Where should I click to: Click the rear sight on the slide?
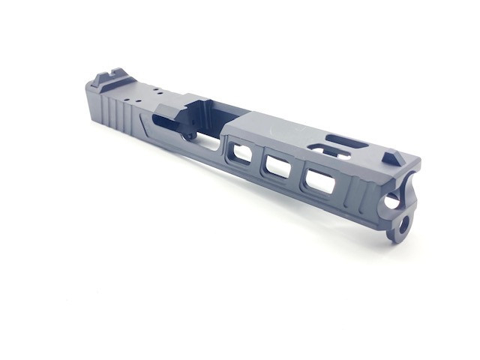pyautogui.click(x=104, y=79)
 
